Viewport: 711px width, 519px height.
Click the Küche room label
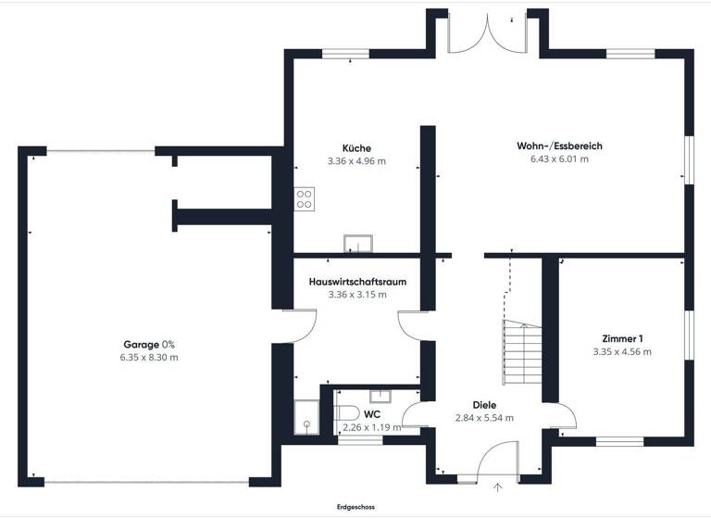(356, 147)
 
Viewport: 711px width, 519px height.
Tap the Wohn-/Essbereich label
(554, 146)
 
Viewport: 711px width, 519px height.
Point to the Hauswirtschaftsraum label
(357, 281)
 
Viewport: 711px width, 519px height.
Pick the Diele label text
(484, 405)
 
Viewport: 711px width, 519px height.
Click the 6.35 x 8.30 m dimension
(149, 357)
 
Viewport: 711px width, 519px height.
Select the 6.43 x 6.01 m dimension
(554, 158)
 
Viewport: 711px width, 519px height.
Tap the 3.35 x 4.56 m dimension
(622, 351)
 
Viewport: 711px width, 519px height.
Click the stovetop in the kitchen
(305, 197)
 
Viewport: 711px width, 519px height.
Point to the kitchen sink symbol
(357, 244)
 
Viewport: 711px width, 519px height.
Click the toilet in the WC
(346, 412)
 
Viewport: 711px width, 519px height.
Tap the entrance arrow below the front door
(498, 486)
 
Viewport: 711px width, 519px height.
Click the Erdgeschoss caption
(355, 507)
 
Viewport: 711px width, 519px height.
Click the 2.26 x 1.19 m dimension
(372, 427)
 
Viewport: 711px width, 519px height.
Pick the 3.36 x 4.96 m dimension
(356, 160)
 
